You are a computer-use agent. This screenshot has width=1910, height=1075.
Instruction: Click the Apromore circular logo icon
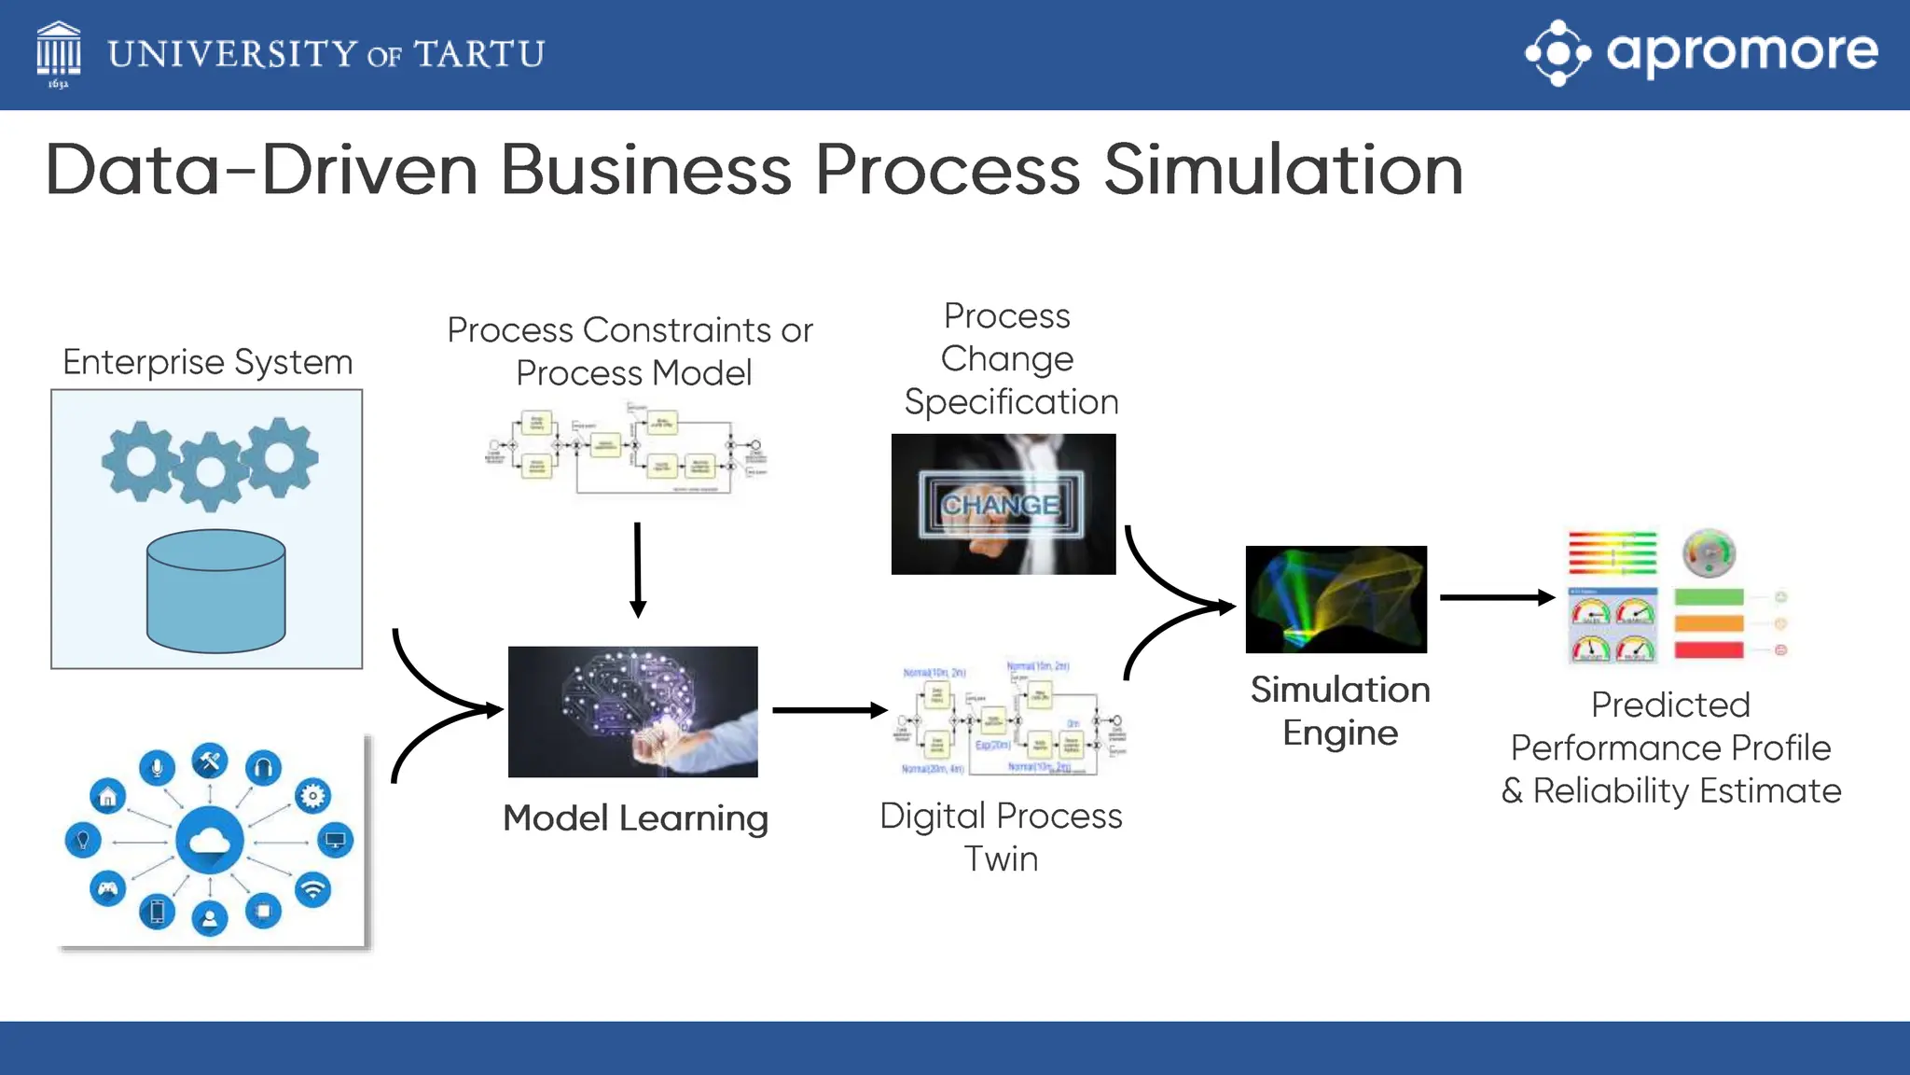coord(1557,53)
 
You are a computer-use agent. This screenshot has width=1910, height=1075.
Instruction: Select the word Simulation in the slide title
coord(1283,171)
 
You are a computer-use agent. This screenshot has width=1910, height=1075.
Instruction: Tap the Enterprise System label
coord(207,362)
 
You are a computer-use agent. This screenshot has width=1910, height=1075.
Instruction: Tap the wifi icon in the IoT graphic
coord(313,889)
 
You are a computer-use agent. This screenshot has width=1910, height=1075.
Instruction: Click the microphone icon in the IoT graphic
coord(157,767)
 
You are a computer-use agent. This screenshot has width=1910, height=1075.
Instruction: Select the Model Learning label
coord(635,818)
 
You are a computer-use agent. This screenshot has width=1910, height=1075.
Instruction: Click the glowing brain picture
coord(632,711)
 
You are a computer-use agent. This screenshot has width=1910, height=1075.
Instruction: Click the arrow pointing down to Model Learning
coord(638,569)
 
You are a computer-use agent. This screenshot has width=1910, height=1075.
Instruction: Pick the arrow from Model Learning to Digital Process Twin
coord(828,711)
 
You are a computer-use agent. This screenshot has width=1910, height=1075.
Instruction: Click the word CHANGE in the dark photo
coord(1001,505)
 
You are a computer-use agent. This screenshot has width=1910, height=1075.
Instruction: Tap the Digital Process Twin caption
coord(1001,836)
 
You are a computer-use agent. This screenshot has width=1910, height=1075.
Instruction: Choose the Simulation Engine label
coord(1340,711)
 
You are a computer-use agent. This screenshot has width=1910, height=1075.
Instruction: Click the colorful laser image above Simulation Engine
coord(1336,599)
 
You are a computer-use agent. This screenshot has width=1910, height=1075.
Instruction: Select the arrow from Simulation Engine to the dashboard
coord(1496,597)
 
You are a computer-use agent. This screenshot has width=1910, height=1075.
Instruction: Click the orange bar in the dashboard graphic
coord(1709,623)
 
